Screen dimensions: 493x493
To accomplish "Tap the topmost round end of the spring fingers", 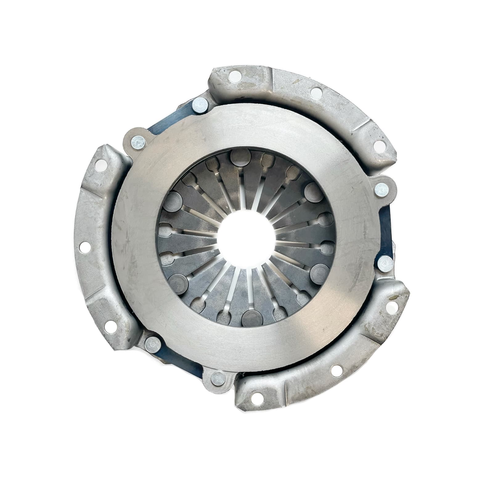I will click(x=239, y=157).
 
